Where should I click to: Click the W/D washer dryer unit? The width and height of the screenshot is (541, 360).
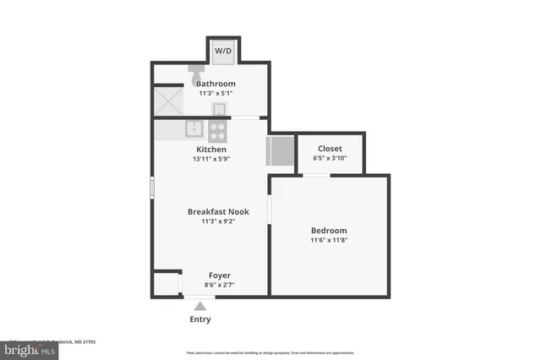223,51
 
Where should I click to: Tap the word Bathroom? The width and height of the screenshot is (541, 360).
216,85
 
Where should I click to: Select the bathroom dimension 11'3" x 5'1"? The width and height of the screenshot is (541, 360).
216,94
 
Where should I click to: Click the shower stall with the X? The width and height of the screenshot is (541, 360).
168,101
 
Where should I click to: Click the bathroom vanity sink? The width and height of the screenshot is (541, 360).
218,108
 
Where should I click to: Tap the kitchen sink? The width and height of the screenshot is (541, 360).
194,130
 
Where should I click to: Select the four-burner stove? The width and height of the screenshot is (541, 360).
217,131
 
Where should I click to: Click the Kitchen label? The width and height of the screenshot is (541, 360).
210,150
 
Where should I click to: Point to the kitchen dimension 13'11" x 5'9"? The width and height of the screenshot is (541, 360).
210,159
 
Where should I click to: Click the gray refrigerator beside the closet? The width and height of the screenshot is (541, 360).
279,150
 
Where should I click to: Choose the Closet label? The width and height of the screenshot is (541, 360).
329,149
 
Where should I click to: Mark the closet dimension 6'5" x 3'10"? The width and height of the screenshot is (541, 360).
329,158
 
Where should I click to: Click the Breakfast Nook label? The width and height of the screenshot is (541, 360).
218,212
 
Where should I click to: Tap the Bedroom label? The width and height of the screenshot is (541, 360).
329,231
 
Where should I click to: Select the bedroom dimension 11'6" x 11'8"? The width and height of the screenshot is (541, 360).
329,240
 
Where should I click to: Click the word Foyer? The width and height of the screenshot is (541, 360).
220,275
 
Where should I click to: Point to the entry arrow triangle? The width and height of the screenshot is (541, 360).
199,306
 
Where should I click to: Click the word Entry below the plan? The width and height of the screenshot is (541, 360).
199,319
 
